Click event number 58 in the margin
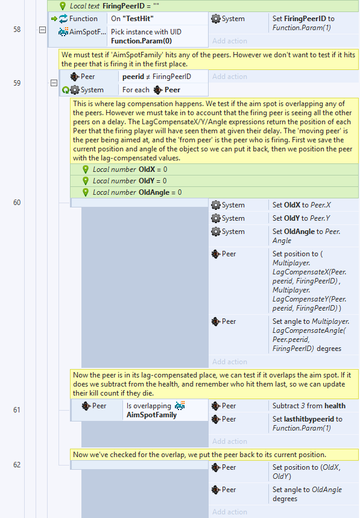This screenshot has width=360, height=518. pyautogui.click(x=17, y=30)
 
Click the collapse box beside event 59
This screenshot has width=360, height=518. pyautogui.click(x=54, y=83)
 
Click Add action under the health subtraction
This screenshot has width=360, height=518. pyautogui.click(x=230, y=441)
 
